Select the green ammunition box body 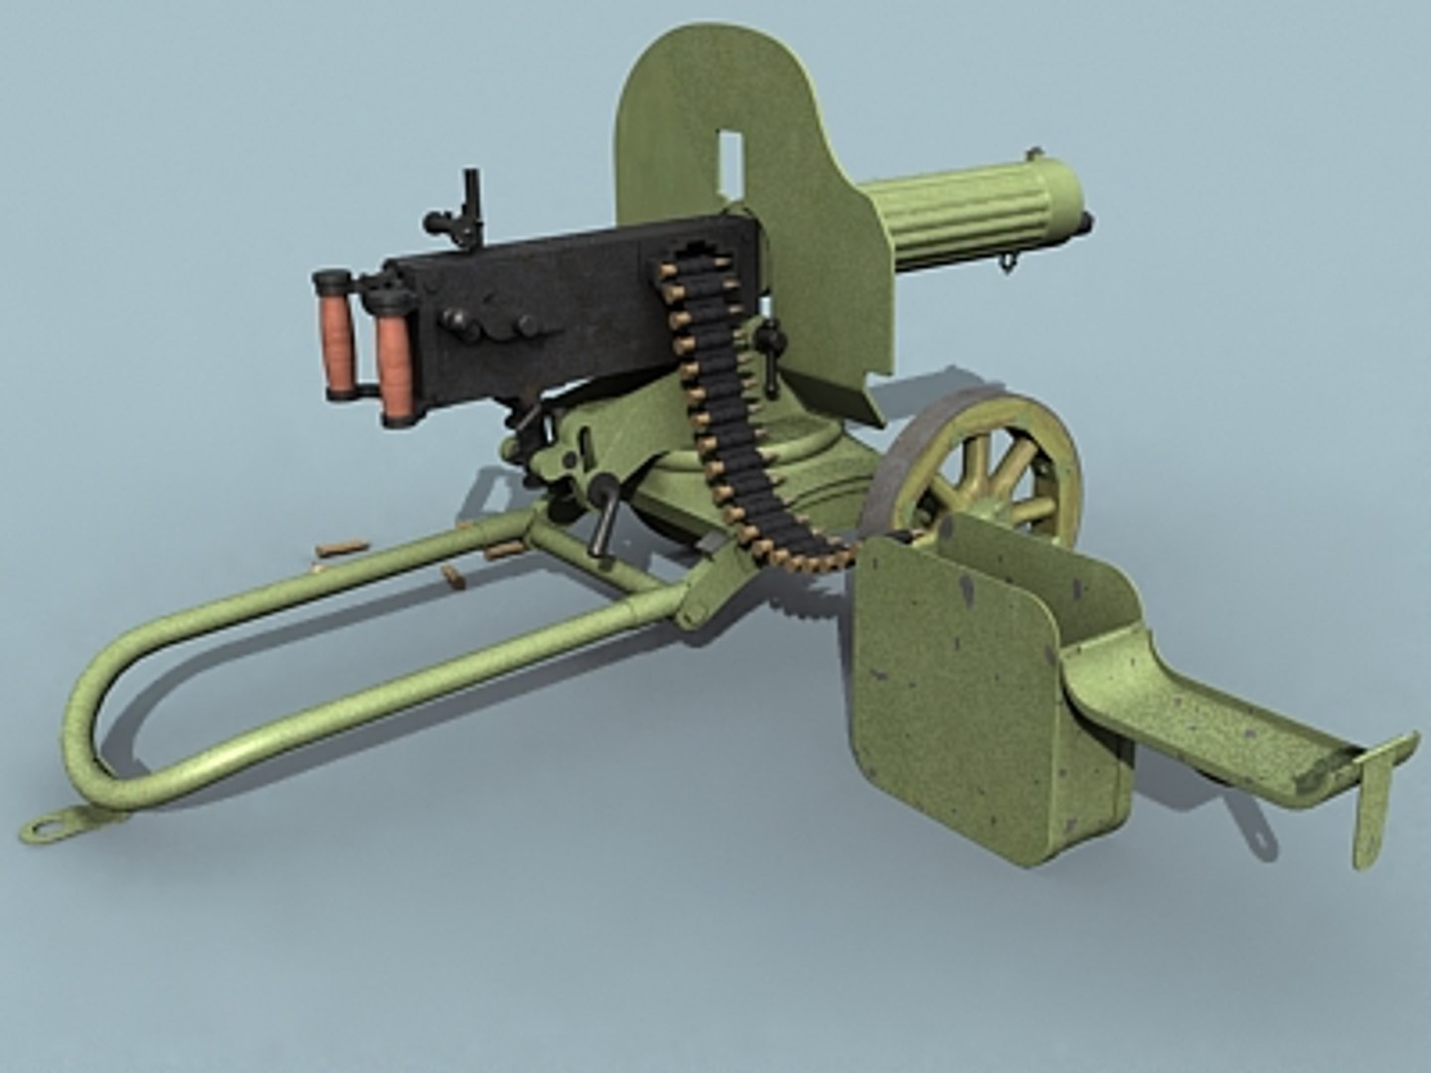pyautogui.click(x=954, y=695)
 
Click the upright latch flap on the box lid pyautogui.click(x=1376, y=795)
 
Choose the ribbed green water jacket pyautogui.click(x=954, y=214)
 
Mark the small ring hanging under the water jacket pyautogui.click(x=1010, y=262)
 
